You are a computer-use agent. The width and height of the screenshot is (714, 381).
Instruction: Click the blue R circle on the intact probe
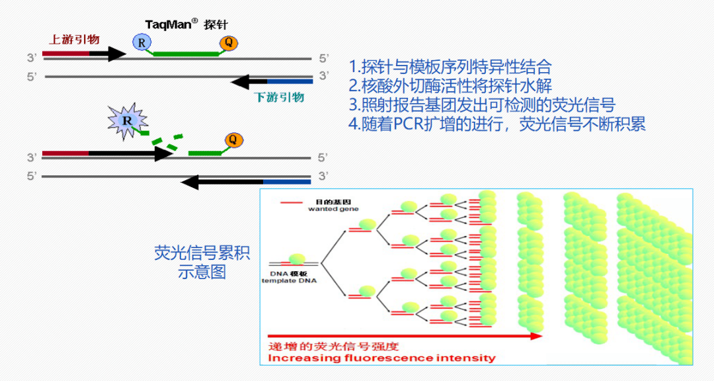pos(140,42)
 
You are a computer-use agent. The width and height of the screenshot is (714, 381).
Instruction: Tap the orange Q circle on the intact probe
pos(228,43)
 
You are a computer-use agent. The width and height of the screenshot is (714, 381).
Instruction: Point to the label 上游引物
pos(74,39)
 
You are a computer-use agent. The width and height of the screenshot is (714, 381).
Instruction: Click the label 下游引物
pos(279,97)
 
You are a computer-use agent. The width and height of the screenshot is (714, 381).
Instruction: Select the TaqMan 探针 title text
pos(186,23)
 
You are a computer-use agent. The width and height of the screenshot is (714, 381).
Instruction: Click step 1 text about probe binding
pos(450,67)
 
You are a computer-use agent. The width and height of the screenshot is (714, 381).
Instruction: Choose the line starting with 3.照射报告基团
pos(483,105)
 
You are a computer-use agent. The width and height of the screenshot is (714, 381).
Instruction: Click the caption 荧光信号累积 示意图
pos(202,263)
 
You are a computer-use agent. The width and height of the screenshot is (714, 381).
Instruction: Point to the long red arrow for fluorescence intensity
pos(403,336)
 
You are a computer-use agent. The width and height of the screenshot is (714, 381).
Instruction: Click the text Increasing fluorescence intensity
pos(381,358)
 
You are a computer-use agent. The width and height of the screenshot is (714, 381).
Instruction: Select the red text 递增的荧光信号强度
pos(333,346)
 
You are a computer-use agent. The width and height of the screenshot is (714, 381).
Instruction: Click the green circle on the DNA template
pos(297,259)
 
